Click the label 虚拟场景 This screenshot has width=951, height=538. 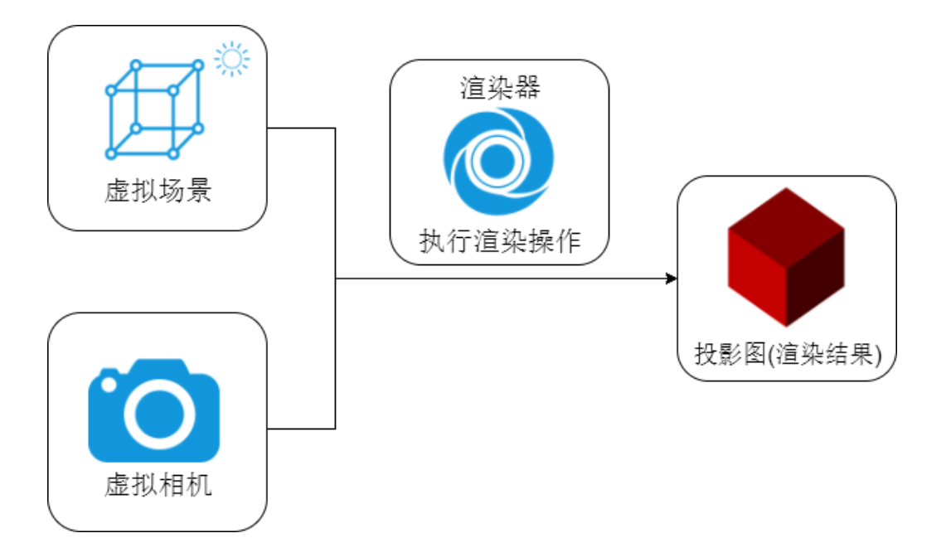tap(158, 191)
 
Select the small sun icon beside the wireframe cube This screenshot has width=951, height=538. tap(231, 61)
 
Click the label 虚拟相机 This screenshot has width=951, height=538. tap(158, 484)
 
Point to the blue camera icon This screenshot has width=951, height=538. tap(154, 410)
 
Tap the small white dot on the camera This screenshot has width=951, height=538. tap(109, 385)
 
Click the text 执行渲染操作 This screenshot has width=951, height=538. tap(500, 242)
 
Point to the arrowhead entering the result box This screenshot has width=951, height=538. tap(672, 279)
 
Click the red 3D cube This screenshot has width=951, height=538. tap(786, 257)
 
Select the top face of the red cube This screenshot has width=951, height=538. tap(786, 217)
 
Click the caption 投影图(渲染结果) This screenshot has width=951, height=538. tap(787, 355)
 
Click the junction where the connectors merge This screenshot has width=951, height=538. tap(335, 279)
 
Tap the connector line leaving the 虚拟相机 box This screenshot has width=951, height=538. tap(303, 429)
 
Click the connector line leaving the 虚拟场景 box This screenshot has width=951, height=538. tap(303, 128)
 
